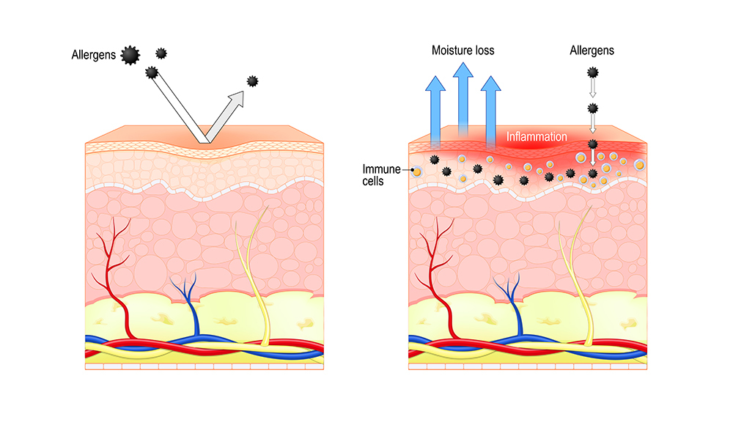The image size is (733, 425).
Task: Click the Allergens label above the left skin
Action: pos(94,55)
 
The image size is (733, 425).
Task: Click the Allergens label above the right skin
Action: pos(592,51)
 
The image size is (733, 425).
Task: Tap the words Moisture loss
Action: pos(463,51)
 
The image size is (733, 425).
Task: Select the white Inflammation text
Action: pos(537,137)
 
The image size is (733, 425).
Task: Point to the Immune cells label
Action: pos(381,175)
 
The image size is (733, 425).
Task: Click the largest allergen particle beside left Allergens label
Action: pos(130,55)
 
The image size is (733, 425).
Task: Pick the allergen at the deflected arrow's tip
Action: pos(254,81)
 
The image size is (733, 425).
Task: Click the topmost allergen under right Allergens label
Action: pos(593,73)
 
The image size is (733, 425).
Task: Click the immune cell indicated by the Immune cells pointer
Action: pos(417,172)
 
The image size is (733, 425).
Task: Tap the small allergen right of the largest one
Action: pos(161,53)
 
